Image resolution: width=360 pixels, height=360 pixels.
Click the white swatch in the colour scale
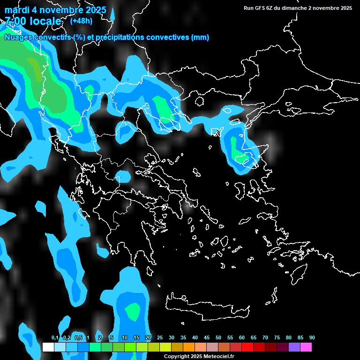pyautogui.click(x=48, y=347)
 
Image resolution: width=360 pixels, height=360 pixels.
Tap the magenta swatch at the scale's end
pyautogui.click(x=306, y=347)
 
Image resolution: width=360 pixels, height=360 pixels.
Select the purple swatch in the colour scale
pyautogui.click(x=294, y=347)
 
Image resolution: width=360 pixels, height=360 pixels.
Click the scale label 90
pyautogui.click(x=312, y=337)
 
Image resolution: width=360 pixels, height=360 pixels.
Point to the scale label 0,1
pyautogui.click(x=55, y=337)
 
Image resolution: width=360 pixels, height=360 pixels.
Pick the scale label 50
pyautogui.click(x=218, y=337)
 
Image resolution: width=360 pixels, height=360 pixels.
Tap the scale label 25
pyautogui.click(x=160, y=337)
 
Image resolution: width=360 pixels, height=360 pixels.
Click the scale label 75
pyautogui.click(x=277, y=337)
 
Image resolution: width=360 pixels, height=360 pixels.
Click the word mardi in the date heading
pyautogui.click(x=17, y=10)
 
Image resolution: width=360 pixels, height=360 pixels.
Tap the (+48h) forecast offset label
pyautogui.click(x=81, y=21)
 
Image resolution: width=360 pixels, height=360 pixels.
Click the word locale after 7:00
pyautogui.click(x=44, y=21)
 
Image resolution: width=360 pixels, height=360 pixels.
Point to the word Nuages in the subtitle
pyautogui.click(x=18, y=37)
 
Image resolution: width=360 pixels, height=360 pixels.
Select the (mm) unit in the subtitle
pyautogui.click(x=200, y=37)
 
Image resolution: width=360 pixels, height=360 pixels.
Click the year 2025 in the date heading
pyautogui.click(x=94, y=10)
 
